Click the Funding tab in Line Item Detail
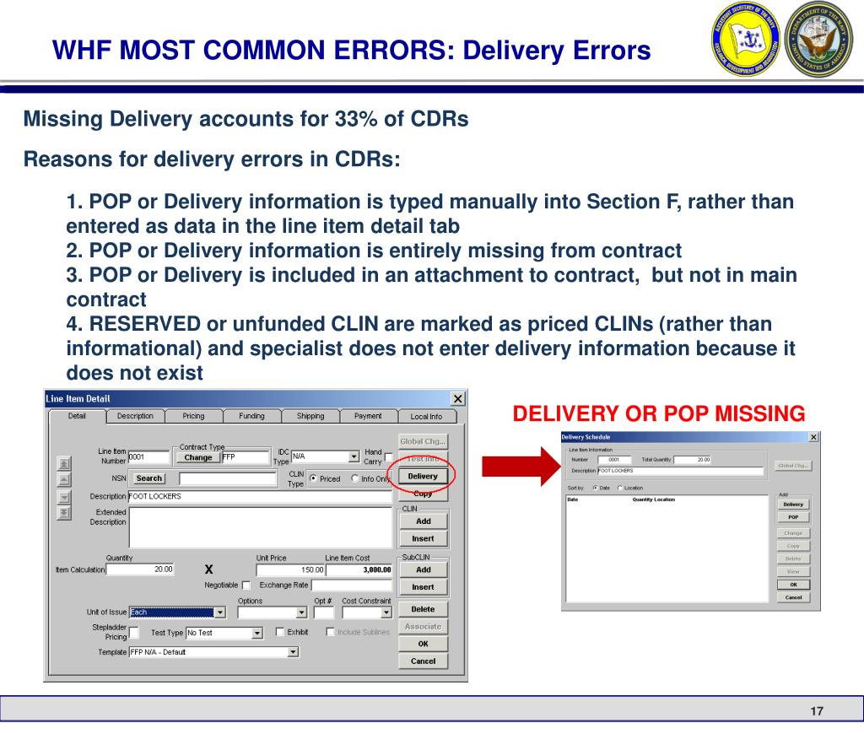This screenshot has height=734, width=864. [x=251, y=416]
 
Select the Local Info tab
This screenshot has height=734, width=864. [x=425, y=416]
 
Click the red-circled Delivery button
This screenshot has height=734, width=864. [x=423, y=477]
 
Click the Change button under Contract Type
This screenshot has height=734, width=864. [x=198, y=457]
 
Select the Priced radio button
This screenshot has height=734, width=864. [x=314, y=478]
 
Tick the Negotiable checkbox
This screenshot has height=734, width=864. [x=246, y=585]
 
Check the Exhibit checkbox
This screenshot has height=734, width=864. [x=280, y=632]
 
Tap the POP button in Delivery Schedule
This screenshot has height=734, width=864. [x=793, y=517]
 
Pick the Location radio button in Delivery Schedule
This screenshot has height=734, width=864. [x=620, y=488]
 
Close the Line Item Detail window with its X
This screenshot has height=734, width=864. [x=457, y=398]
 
